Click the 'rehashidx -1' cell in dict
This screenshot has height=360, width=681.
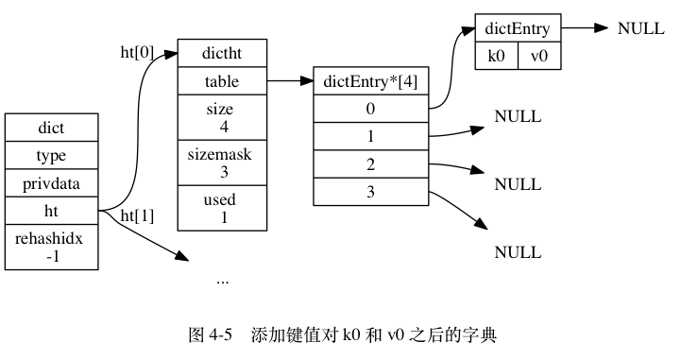pyautogui.click(x=52, y=247)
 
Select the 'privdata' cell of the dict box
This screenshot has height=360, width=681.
pyautogui.click(x=52, y=182)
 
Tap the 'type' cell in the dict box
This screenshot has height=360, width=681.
pyautogui.click(x=52, y=155)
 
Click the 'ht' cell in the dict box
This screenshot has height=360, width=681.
pyautogui.click(x=52, y=210)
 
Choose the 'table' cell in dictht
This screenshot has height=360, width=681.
pyautogui.click(x=222, y=81)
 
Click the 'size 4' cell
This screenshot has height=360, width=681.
pyautogui.click(x=222, y=117)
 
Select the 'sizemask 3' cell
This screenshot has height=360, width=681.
pyautogui.click(x=222, y=162)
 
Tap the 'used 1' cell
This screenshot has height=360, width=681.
pyautogui.click(x=222, y=208)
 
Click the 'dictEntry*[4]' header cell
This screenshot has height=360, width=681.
pyautogui.click(x=371, y=81)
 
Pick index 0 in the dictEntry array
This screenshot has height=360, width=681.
pyautogui.click(x=371, y=109)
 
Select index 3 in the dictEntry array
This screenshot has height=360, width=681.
pyautogui.click(x=371, y=192)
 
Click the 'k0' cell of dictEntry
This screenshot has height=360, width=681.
pyautogui.click(x=496, y=56)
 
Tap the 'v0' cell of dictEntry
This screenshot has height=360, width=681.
pyautogui.click(x=538, y=56)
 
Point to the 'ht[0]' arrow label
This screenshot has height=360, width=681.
pyautogui.click(x=137, y=53)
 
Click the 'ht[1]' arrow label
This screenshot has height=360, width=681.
pyautogui.click(x=137, y=215)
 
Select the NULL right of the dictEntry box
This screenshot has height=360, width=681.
pyautogui.click(x=640, y=28)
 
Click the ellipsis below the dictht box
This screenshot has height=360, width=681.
pyautogui.click(x=222, y=280)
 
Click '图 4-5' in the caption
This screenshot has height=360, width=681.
pyautogui.click(x=211, y=334)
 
